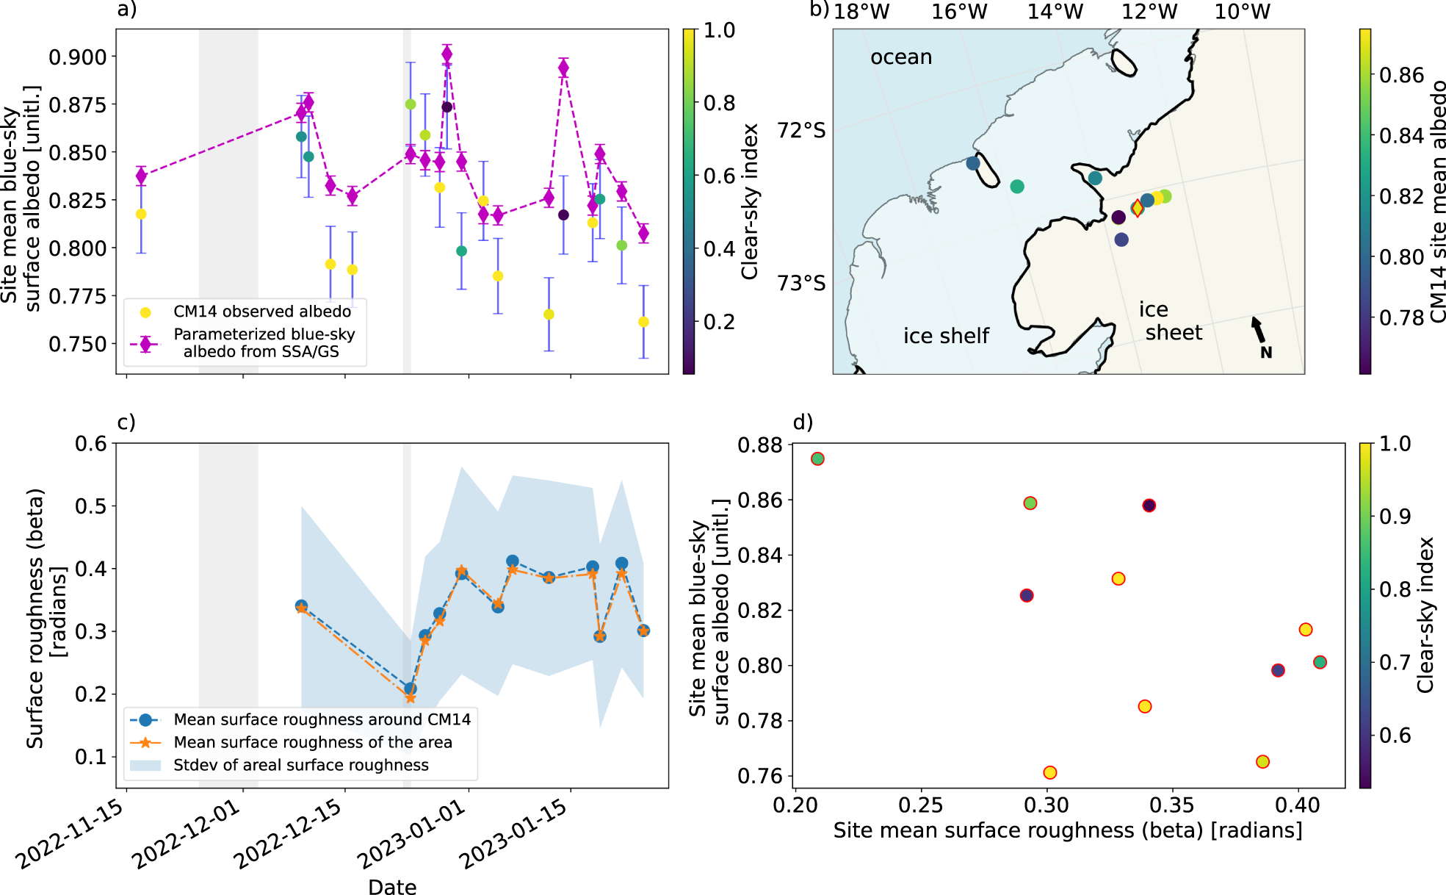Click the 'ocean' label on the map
901,57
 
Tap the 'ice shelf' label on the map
946,336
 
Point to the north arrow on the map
1259,330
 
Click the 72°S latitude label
801,131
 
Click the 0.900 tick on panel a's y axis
77,57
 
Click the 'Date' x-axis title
392,886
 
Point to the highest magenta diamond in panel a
447,54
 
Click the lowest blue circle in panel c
411,689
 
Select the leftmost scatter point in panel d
817,459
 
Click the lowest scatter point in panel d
1050,772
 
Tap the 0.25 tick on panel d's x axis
921,805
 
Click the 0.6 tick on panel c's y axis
91,444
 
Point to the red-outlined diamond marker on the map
1138,208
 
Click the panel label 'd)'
803,423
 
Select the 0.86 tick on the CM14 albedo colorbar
1402,75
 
